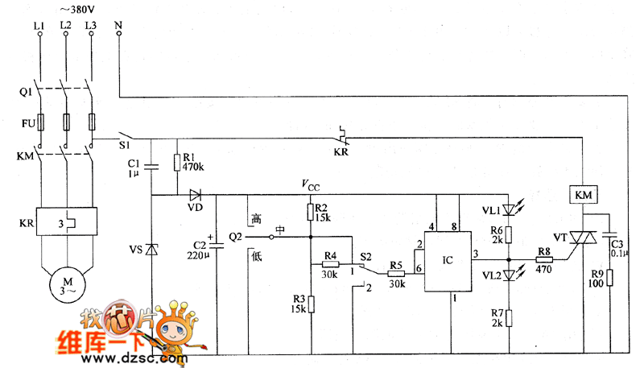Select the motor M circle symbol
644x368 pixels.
[x=67, y=284]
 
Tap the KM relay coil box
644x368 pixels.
[x=581, y=196]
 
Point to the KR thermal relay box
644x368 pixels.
[x=67, y=221]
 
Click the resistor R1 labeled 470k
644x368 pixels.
[x=176, y=162]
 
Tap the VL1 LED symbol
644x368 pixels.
[x=510, y=211]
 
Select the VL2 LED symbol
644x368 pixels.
[x=510, y=275]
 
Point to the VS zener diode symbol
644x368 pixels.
[x=151, y=250]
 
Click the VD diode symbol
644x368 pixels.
[x=196, y=195]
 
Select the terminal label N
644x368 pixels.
[x=118, y=26]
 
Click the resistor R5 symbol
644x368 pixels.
[x=395, y=273]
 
